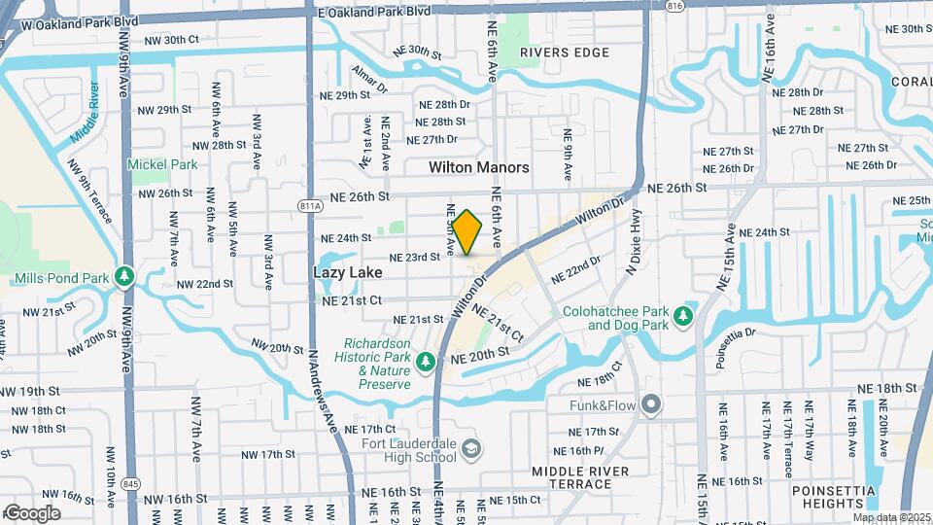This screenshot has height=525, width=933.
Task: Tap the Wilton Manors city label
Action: pyautogui.click(x=479, y=167)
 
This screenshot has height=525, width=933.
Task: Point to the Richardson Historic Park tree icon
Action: pyautogui.click(x=425, y=363)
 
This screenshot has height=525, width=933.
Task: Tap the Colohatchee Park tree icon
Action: pyautogui.click(x=684, y=315)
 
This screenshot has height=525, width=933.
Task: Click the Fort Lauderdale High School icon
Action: pyautogui.click(x=471, y=448)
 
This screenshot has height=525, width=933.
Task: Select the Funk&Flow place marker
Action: pyautogui.click(x=651, y=402)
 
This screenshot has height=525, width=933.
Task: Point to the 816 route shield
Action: pyautogui.click(x=674, y=6)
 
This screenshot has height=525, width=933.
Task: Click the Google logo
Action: pyautogui.click(x=32, y=512)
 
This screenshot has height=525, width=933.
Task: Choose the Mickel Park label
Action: pyautogui.click(x=162, y=164)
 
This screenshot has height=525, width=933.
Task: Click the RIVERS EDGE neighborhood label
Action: pyautogui.click(x=557, y=52)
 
